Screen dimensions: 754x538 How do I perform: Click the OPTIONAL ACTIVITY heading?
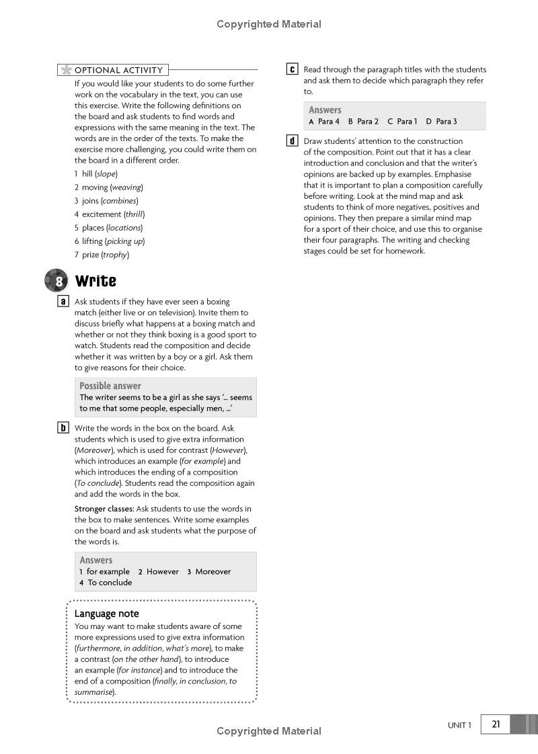(118, 70)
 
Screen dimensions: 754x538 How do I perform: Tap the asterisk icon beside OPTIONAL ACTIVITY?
(65, 70)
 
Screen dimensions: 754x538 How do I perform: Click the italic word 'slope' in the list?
(106, 174)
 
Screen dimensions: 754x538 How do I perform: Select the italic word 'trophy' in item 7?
(115, 255)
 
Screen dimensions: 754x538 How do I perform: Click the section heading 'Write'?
(95, 281)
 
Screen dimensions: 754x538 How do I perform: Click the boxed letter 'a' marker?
(63, 302)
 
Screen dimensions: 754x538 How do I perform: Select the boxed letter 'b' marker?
(63, 428)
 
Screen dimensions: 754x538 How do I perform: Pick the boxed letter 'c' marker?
(293, 69)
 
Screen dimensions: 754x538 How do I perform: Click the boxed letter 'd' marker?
(293, 141)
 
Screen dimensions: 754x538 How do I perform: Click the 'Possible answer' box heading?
(110, 386)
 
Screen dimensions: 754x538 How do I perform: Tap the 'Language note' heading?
(106, 614)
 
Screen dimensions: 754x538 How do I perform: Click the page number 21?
(496, 724)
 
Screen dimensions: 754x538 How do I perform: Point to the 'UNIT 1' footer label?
(460, 725)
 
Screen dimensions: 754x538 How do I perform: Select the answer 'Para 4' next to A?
(329, 122)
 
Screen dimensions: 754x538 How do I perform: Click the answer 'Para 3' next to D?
(446, 122)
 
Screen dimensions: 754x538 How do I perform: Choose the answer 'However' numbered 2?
(163, 572)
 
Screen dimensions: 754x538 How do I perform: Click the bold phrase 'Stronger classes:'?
(104, 509)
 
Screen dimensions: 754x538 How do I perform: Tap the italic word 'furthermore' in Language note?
(98, 648)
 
